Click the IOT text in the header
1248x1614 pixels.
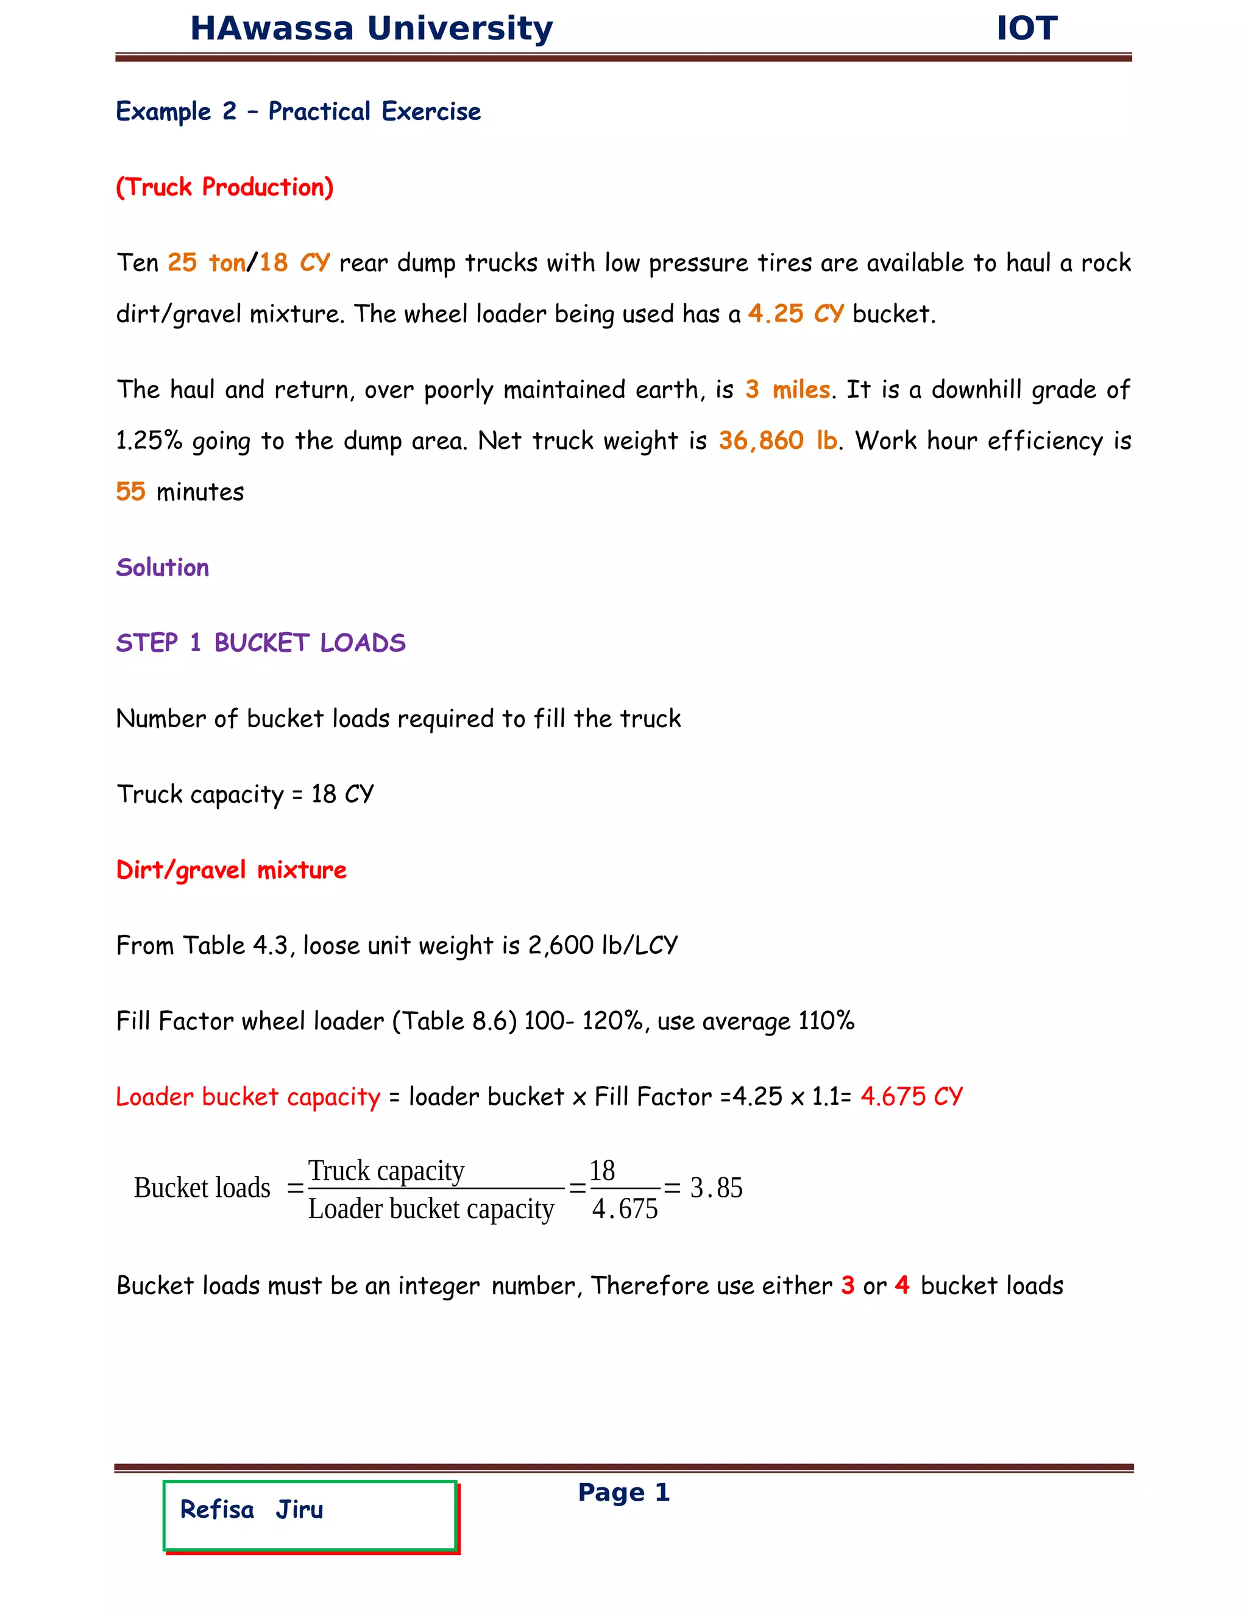click(1026, 29)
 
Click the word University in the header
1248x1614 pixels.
click(460, 29)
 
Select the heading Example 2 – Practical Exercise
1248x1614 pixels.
click(298, 111)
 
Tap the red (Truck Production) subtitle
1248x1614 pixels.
click(225, 187)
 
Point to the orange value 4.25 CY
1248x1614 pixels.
click(795, 314)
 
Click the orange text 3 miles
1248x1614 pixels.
click(787, 389)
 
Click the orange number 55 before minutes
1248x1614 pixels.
click(131, 492)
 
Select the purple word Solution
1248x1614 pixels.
click(163, 568)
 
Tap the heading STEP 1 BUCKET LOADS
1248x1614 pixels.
click(261, 643)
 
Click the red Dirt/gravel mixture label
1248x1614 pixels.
click(232, 870)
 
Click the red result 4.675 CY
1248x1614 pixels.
click(912, 1097)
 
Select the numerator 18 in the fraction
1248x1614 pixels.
click(603, 1171)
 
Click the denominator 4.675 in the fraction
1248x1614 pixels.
click(625, 1209)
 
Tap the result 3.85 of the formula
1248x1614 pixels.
click(715, 1188)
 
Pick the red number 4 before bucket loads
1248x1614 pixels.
click(902, 1285)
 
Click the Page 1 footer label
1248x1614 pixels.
click(624, 1492)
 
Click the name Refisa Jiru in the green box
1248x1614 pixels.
click(252, 1510)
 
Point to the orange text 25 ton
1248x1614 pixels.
click(207, 263)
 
